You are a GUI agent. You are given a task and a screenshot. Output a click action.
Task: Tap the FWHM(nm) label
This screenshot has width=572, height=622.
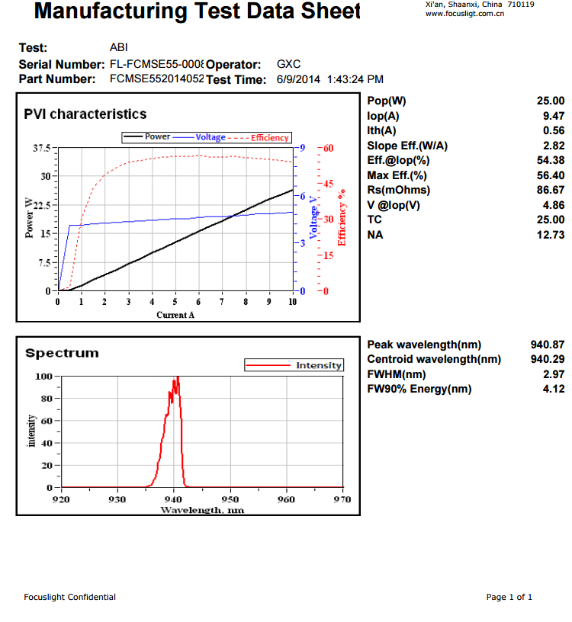click(x=397, y=374)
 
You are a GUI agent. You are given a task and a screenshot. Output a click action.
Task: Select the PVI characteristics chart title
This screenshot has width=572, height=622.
click(x=85, y=114)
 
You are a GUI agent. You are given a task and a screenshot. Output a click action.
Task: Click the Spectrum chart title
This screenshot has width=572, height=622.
click(x=62, y=353)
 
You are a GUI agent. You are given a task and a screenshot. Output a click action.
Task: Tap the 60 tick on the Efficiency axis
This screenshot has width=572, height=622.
click(x=329, y=148)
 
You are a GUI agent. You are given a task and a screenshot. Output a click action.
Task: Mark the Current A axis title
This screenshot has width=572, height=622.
click(x=175, y=315)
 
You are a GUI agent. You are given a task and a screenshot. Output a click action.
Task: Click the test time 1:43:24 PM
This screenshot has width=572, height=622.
click(x=355, y=79)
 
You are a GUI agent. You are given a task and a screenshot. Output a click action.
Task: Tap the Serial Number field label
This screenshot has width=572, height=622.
click(x=62, y=65)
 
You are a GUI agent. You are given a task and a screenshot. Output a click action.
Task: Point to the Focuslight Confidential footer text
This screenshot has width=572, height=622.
click(x=70, y=597)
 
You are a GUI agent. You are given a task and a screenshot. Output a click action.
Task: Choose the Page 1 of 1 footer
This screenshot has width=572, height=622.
click(x=509, y=597)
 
